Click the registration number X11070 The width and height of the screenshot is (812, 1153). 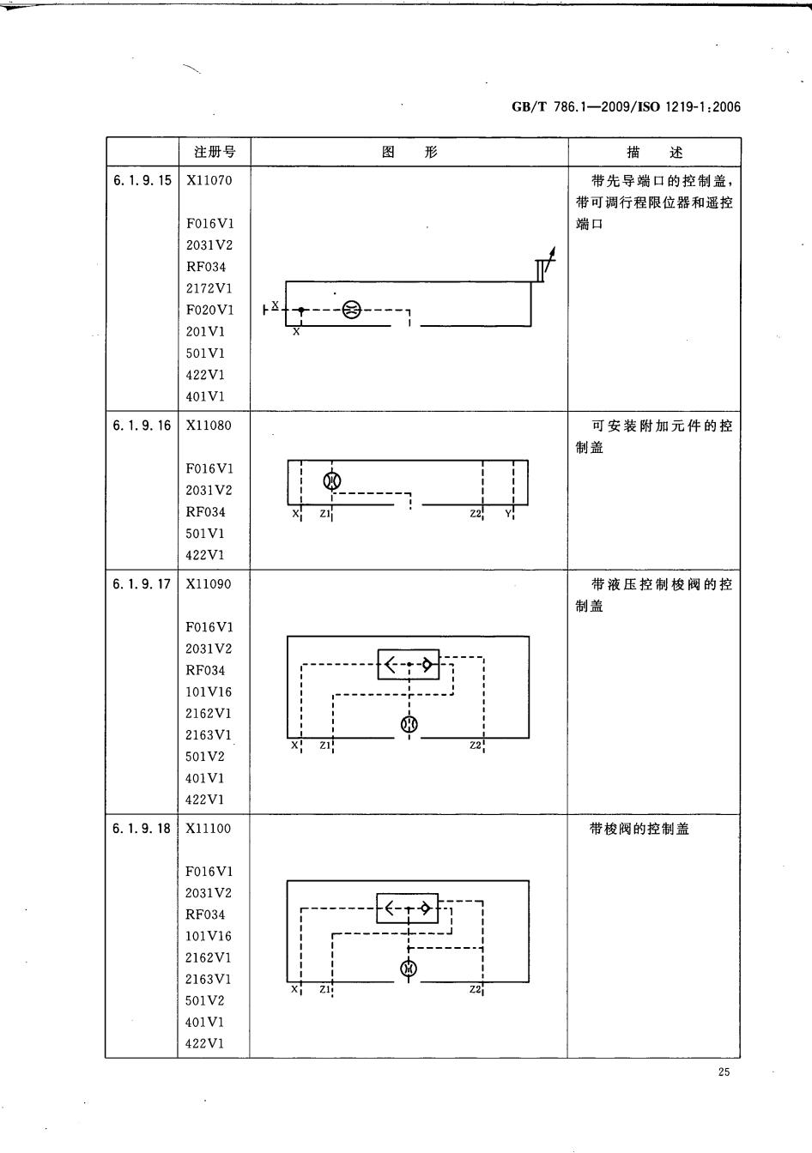click(x=209, y=180)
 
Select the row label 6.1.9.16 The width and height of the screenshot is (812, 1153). click(x=142, y=426)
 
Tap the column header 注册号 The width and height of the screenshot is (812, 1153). click(x=215, y=152)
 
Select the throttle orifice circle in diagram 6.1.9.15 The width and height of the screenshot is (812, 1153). click(x=352, y=310)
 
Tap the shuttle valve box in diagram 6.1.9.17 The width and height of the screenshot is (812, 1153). click(x=409, y=664)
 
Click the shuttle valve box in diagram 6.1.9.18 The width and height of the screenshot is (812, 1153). click(x=407, y=908)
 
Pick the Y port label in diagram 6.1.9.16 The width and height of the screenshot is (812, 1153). click(x=507, y=513)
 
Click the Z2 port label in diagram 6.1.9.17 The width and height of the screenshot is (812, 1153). click(x=476, y=745)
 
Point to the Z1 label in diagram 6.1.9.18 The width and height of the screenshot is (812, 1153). click(x=324, y=989)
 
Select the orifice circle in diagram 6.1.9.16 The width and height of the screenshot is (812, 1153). click(x=332, y=480)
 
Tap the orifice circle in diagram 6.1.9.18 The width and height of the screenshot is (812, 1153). click(x=409, y=969)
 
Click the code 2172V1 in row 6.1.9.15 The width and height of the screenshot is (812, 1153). click(x=209, y=288)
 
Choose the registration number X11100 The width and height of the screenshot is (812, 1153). click(x=209, y=828)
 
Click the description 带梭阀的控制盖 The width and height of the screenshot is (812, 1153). click(x=639, y=828)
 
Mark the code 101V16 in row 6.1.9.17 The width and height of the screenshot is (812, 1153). click(x=209, y=691)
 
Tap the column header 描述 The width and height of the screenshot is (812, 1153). click(x=654, y=152)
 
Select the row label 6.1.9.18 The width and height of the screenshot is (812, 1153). click(x=141, y=828)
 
